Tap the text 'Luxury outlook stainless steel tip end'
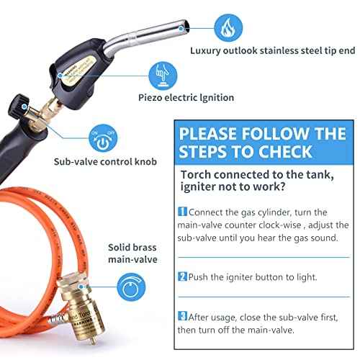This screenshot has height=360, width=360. click(x=273, y=51)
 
